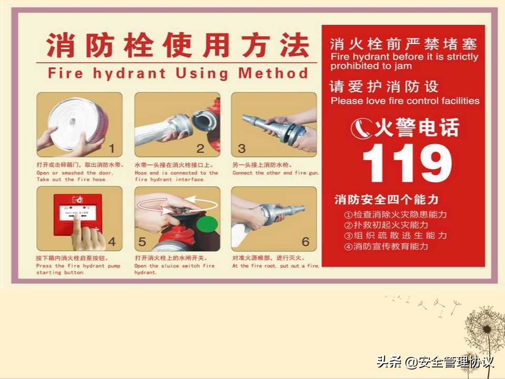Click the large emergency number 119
[407, 163]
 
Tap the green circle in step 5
[207, 225]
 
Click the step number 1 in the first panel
[111, 148]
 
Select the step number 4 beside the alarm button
[111, 243]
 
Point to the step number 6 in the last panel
[306, 242]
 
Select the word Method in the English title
[273, 73]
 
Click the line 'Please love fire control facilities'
[405, 101]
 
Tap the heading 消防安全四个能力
[386, 200]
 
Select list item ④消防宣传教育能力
[386, 246]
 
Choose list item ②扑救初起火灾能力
[386, 225]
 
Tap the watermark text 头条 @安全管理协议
[435, 362]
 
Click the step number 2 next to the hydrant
[200, 148]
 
